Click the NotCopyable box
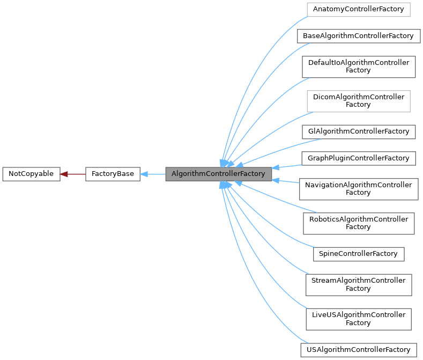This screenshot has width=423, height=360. (31, 174)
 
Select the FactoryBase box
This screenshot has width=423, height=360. (113, 174)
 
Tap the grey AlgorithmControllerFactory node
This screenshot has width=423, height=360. (218, 174)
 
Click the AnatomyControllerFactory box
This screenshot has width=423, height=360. (358, 9)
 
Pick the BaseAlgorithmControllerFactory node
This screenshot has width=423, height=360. (358, 36)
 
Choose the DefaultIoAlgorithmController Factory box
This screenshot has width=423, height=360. (358, 67)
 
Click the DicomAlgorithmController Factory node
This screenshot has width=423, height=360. (358, 101)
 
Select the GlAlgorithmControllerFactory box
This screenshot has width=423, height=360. (358, 131)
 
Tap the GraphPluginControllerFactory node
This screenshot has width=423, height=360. (358, 158)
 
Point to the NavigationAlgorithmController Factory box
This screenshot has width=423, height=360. (358, 189)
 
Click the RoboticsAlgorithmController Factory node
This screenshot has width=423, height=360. (358, 223)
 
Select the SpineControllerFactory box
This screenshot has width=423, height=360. (358, 254)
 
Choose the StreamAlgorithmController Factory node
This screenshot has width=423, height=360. (358, 284)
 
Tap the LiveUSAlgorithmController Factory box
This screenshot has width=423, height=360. (358, 319)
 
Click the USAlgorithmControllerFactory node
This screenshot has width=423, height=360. (358, 350)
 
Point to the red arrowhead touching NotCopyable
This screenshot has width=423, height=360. (64, 174)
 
